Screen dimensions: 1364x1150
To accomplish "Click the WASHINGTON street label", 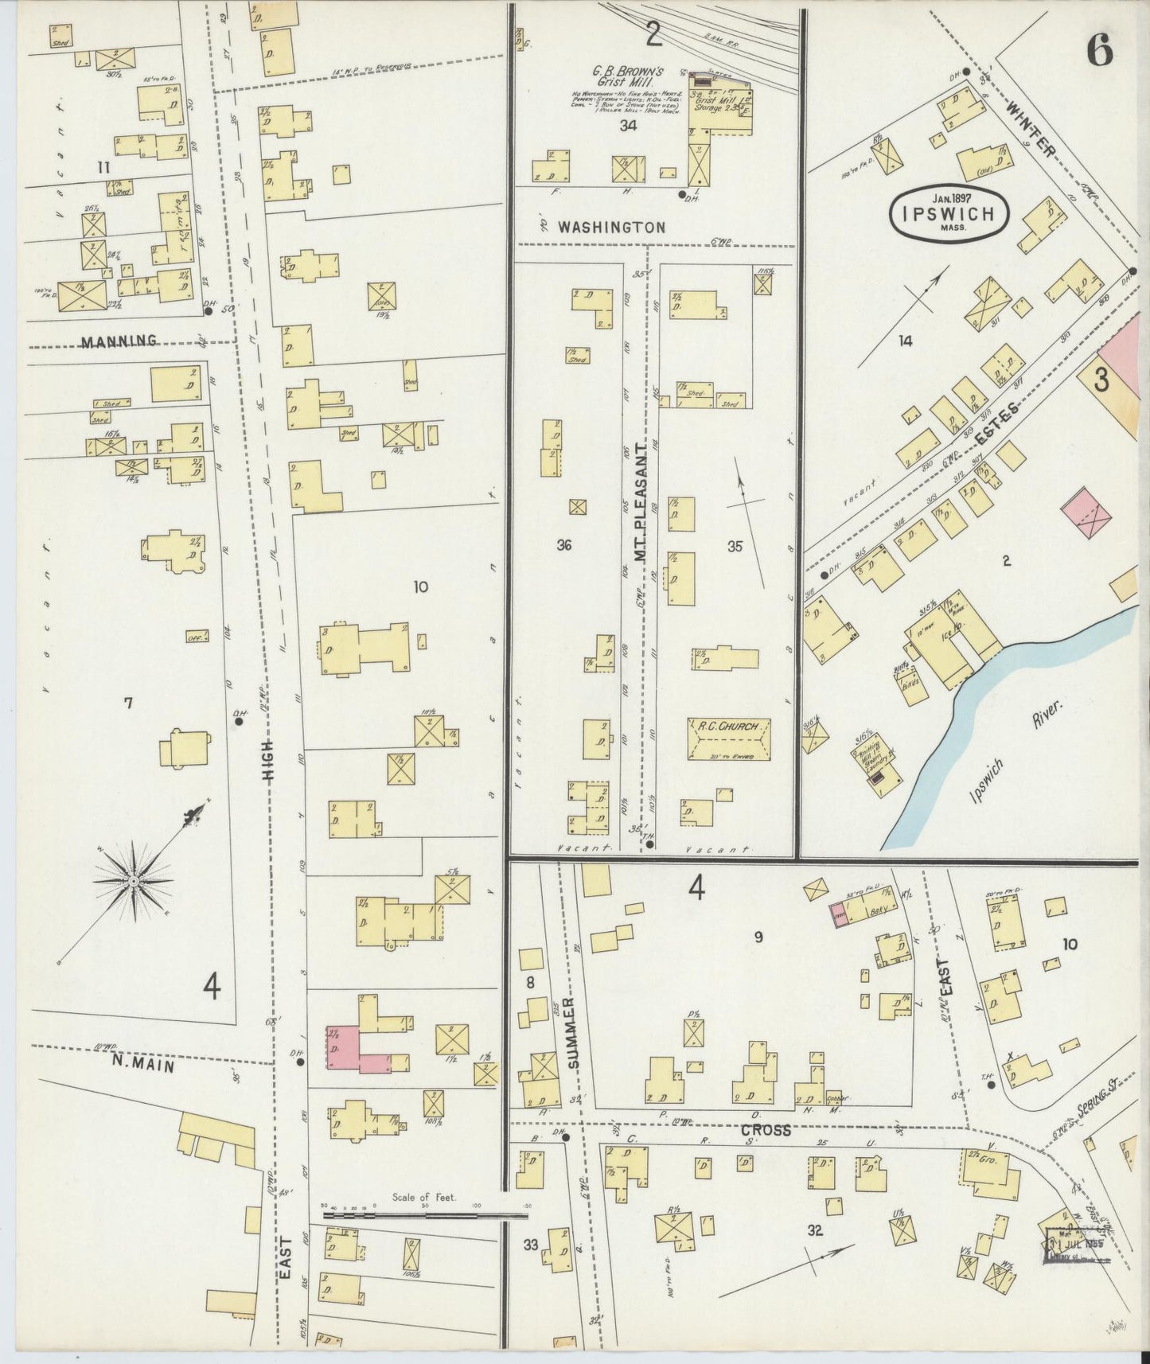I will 611,228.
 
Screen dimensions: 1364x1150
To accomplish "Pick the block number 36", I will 564,545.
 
